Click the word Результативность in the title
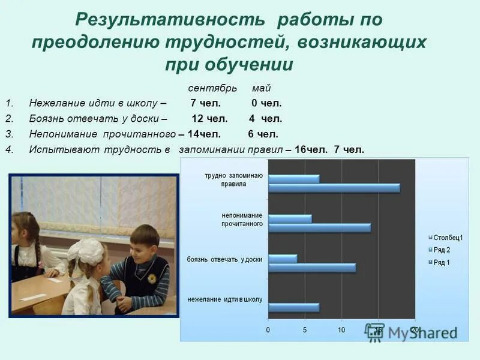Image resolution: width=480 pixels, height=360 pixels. pos(169,20)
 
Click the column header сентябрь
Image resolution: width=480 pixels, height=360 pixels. pos(208,88)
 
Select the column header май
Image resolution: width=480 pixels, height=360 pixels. pos(261,88)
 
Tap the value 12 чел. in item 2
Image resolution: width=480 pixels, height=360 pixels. pos(206,119)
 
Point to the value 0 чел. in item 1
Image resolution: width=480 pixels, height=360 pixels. pos(266,103)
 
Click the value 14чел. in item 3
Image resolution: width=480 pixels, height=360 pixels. pos(204,134)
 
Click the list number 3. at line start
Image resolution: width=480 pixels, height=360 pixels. pos(8,134)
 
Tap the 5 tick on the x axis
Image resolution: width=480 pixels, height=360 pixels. pos(305,330)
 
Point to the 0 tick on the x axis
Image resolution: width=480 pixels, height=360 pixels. pos(268,330)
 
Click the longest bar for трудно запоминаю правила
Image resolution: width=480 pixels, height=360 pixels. pos(334,188)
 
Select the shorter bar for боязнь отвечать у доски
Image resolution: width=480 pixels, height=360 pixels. pos(283,259)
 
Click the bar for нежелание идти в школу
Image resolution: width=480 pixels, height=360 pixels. pos(293,308)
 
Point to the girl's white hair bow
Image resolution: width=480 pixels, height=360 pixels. pos(87,250)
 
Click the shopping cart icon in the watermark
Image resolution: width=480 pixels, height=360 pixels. pos(375,334)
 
